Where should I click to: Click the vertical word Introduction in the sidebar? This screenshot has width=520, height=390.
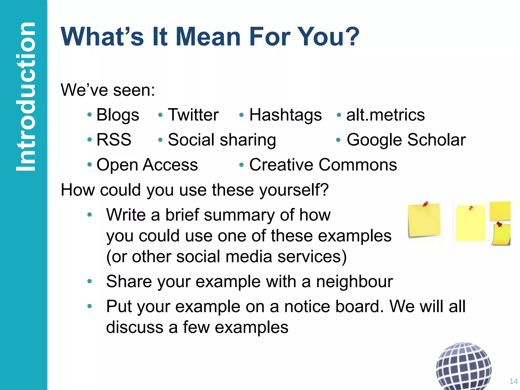[25, 96]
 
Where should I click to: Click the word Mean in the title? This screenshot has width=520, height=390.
[208, 37]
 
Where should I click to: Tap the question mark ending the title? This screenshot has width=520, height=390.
[352, 37]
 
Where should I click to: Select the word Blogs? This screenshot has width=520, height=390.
[118, 115]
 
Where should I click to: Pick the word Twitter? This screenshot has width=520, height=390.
[193, 115]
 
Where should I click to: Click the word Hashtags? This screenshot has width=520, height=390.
[285, 115]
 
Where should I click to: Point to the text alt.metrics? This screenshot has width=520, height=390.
[385, 115]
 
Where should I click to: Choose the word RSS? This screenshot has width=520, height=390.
[114, 140]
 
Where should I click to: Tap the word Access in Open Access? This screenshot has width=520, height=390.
[170, 165]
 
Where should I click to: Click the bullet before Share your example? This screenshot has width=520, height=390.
[89, 281]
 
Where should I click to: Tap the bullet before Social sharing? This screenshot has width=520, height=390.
[160, 140]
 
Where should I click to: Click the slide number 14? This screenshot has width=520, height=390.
[513, 381]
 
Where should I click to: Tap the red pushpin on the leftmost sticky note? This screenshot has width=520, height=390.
[425, 204]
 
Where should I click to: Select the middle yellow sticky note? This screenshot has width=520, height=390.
[470, 223]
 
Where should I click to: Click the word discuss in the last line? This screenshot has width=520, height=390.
[134, 327]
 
